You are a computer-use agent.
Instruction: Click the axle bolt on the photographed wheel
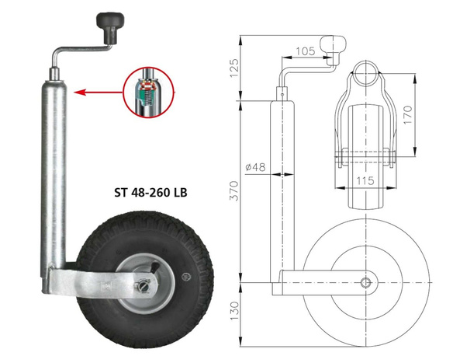pyautogui.click(x=144, y=285)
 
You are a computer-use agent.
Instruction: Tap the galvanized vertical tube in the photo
pyautogui.click(x=57, y=171)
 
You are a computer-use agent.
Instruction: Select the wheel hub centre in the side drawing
pyautogui.click(x=365, y=281)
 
